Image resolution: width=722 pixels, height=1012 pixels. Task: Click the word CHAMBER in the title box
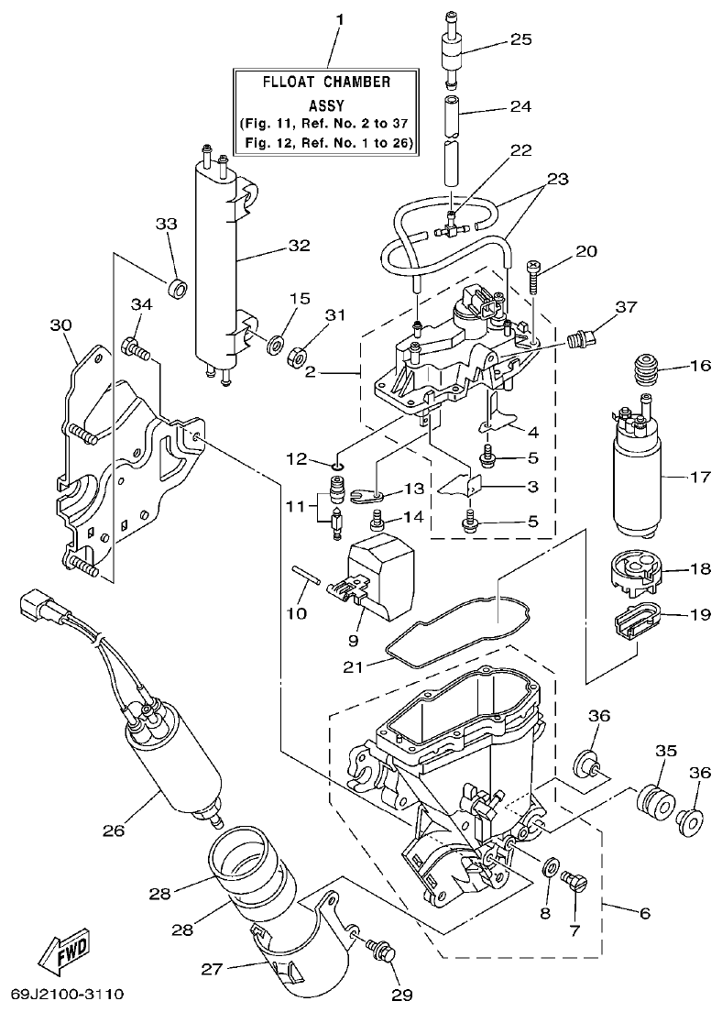(356, 82)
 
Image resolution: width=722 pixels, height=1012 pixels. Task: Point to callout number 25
(520, 39)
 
